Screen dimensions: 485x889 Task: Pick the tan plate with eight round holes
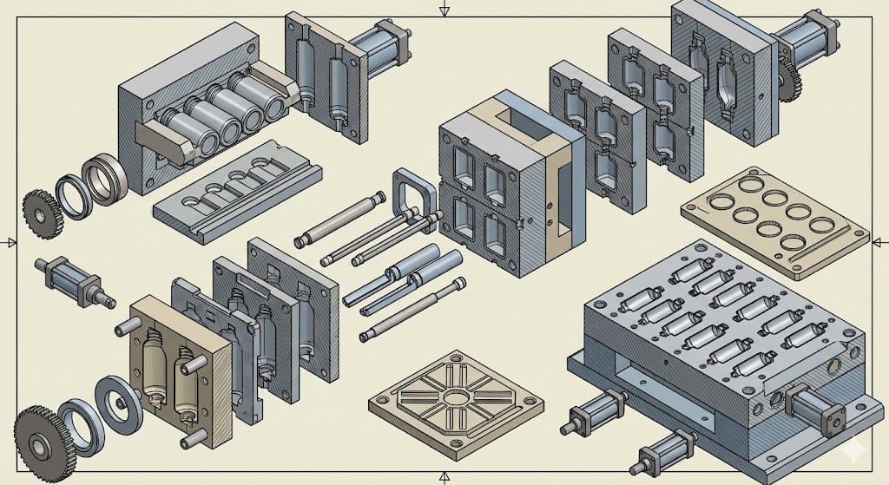tap(774, 220)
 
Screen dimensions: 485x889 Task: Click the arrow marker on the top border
tap(444, 10)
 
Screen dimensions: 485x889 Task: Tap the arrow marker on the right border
tap(880, 241)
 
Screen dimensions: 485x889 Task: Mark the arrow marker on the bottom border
tap(444, 475)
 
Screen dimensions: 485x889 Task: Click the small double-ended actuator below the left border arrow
tap(74, 282)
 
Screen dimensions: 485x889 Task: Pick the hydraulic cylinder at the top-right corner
tap(807, 39)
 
